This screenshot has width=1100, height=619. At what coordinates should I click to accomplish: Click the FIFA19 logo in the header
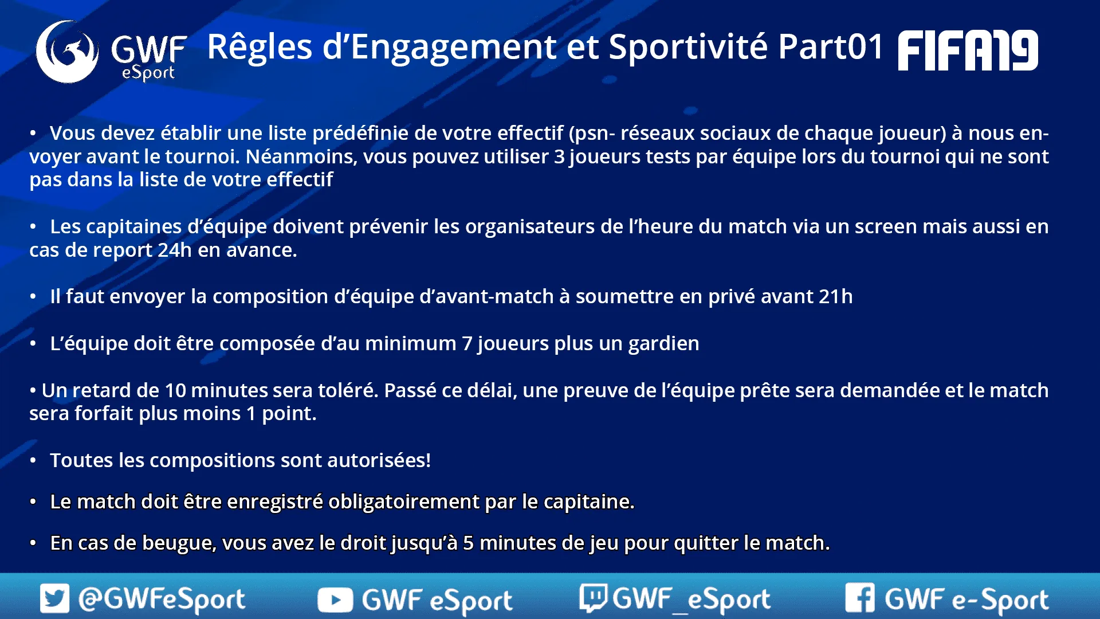[x=968, y=50]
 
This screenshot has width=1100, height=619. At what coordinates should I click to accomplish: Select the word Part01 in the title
[x=831, y=46]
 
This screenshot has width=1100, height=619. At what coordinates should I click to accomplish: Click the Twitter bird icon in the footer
[x=54, y=598]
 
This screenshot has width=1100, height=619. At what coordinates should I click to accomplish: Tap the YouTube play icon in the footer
[x=335, y=600]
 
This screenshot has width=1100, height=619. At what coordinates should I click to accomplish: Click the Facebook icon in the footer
[x=860, y=598]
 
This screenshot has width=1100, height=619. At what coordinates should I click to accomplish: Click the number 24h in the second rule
[x=175, y=250]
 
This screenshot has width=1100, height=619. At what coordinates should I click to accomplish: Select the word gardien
[x=663, y=344]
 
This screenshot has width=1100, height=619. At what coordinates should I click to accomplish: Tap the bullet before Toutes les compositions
[x=33, y=461]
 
